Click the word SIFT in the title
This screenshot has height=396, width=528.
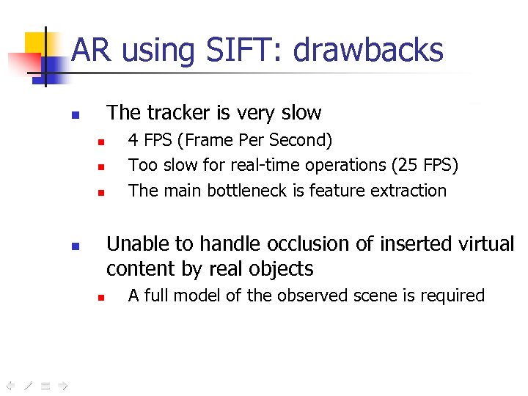pos(242,51)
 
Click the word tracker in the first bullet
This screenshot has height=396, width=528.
pos(179,113)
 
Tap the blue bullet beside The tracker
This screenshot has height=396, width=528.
pos(74,115)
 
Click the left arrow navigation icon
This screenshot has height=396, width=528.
pos(10,384)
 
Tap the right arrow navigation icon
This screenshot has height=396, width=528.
pos(62,384)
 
